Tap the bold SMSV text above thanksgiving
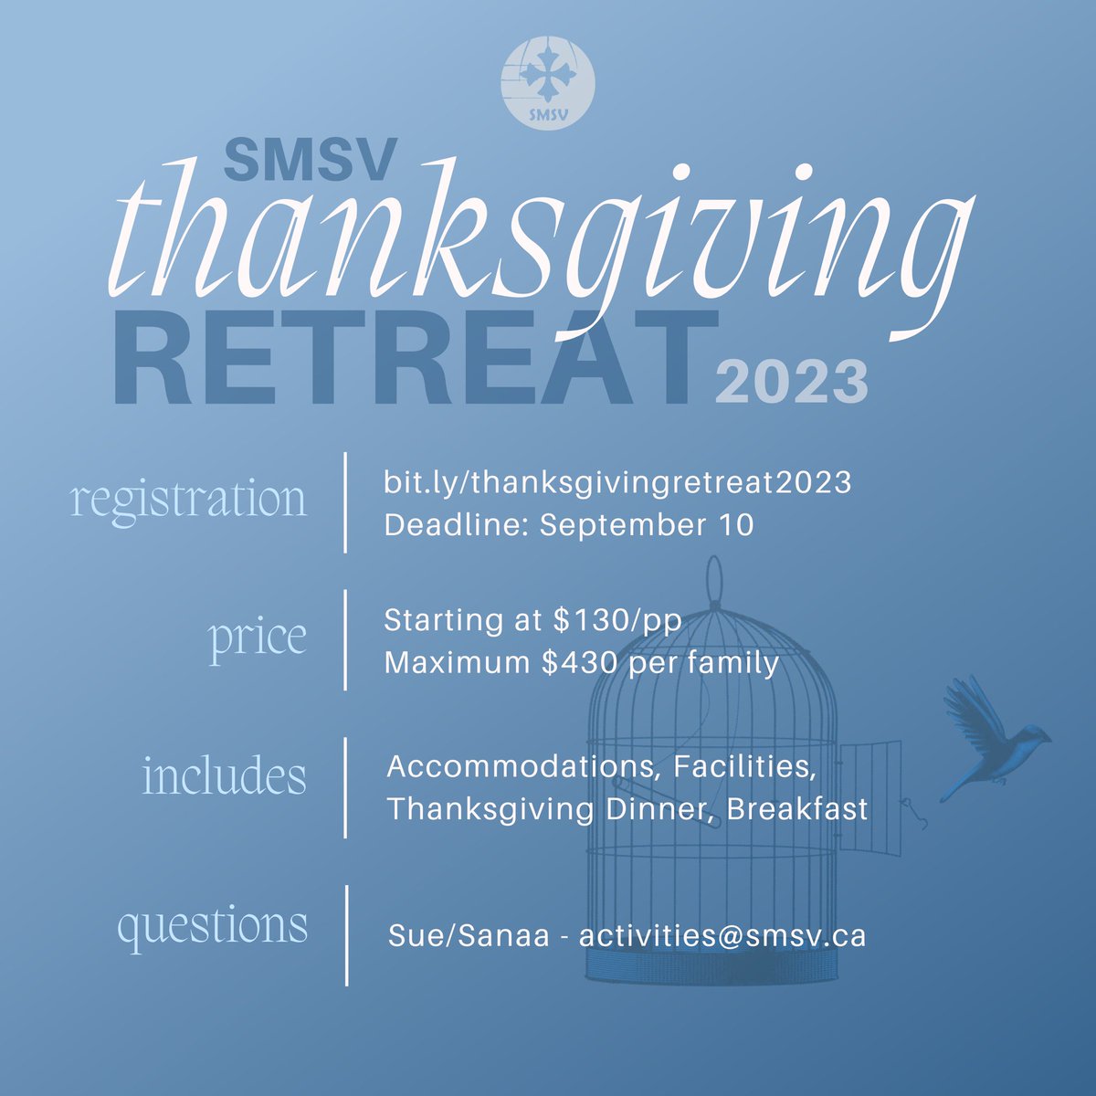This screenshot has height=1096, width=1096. tap(311, 159)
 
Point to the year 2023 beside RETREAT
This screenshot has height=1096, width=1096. tap(790, 381)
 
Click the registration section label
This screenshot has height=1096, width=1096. tap(189, 500)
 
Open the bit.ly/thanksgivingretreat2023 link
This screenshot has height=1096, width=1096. tap(616, 481)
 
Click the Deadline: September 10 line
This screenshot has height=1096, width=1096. tap(569, 525)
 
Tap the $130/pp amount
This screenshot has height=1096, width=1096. tap(617, 620)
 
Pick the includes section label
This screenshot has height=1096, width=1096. tap(224, 776)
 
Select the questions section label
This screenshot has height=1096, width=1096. tap(212, 924)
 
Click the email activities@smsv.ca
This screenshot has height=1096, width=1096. tap(722, 936)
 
